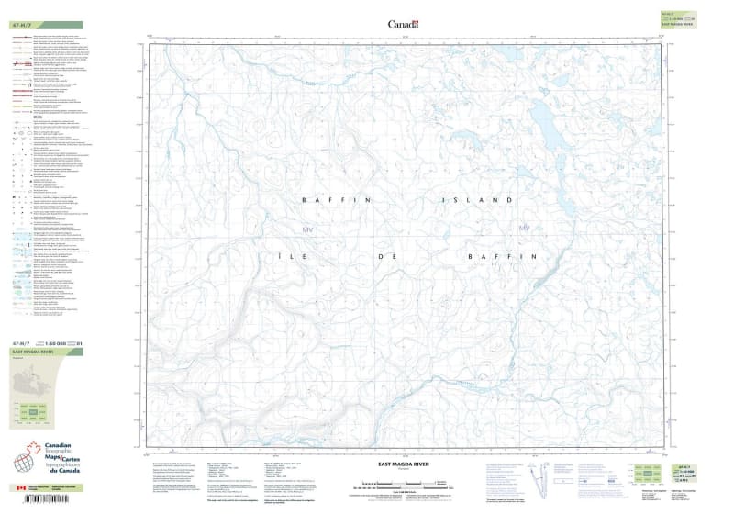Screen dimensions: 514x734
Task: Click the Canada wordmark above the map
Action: (x=403, y=24)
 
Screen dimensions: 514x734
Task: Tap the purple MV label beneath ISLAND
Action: (x=525, y=228)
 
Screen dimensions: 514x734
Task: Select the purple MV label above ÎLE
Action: (x=307, y=229)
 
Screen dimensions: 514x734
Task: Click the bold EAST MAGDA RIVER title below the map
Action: (x=404, y=464)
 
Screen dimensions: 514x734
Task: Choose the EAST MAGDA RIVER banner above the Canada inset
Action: (x=33, y=352)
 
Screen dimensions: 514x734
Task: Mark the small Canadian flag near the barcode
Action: (x=21, y=488)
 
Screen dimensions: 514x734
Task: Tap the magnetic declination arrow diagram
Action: (x=544, y=477)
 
